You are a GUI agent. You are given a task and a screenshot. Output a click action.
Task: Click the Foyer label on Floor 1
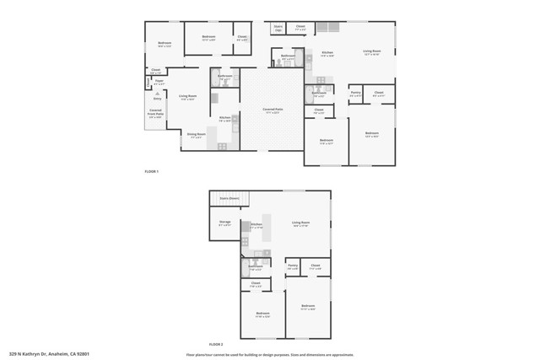159,83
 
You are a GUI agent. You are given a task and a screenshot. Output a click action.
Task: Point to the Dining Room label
196,135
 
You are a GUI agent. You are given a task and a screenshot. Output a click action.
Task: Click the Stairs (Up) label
278,29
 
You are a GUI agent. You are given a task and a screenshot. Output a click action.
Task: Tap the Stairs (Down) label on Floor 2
229,198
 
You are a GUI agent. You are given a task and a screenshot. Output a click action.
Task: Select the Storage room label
225,223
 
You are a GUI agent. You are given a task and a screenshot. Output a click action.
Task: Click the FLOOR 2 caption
216,344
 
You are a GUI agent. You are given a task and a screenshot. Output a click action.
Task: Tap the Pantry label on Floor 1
356,93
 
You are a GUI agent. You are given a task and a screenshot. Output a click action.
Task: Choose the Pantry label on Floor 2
293,266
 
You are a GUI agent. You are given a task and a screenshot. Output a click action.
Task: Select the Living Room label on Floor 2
300,223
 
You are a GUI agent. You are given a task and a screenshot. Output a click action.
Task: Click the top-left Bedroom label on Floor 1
165,45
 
